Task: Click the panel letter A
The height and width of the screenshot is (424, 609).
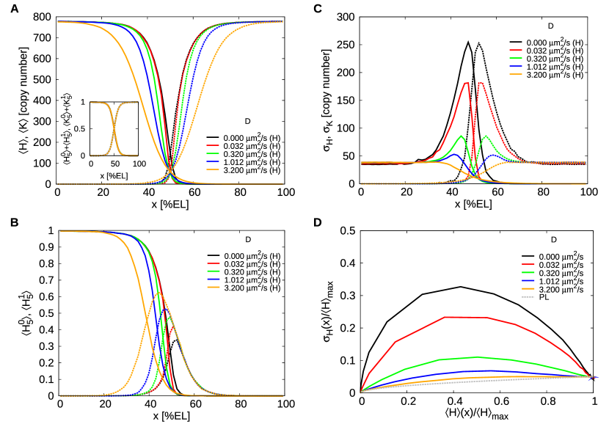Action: pyautogui.click(x=7, y=7)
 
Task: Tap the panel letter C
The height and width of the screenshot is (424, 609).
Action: pyautogui.click(x=317, y=7)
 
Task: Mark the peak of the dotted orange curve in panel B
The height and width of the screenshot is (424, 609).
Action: pyautogui.click(x=157, y=293)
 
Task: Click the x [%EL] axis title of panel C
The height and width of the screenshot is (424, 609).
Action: pyautogui.click(x=474, y=203)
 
